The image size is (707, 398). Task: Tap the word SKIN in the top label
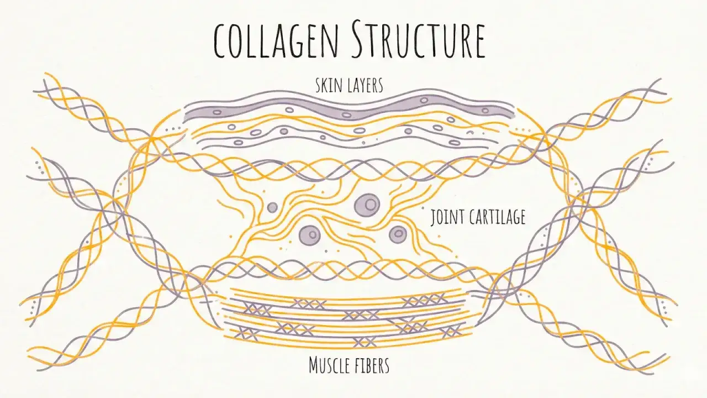point(329,85)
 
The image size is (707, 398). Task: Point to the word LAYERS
point(366,85)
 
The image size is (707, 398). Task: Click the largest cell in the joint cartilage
point(367,205)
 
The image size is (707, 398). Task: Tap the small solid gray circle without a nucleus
point(272,207)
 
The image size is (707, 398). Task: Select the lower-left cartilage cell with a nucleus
point(310,235)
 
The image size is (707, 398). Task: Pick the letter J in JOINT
point(433,218)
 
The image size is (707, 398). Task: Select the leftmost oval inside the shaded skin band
point(217,112)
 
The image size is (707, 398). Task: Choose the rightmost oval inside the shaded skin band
point(485,111)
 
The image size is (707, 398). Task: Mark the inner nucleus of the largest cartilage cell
point(371,204)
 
